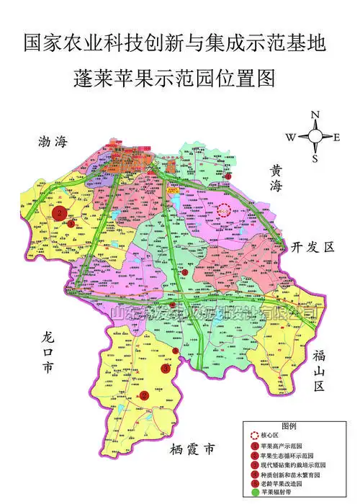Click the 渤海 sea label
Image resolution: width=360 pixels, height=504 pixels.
[53, 143]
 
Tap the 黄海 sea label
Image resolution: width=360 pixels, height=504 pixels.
[277, 179]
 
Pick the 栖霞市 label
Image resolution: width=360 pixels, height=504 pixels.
[193, 451]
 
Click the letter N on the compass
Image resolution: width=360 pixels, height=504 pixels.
[315, 115]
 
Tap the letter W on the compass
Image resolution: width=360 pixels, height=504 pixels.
[290, 137]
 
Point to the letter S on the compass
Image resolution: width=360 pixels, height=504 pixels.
[315, 158]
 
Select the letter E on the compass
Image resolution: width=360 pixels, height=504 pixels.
[336, 137]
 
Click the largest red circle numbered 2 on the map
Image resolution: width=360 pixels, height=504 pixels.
[60, 213]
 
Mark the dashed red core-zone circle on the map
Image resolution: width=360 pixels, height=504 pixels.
[224, 210]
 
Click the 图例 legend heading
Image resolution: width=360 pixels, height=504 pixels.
[289, 426]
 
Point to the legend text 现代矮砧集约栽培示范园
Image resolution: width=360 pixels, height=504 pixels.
[294, 464]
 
